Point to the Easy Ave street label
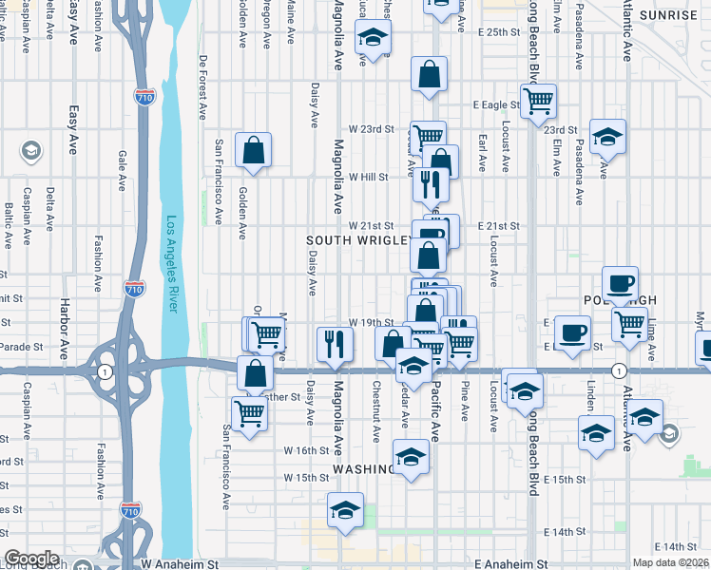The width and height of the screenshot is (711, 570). point(73,130)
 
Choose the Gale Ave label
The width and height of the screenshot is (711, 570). point(122,169)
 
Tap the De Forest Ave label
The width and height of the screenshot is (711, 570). point(202,86)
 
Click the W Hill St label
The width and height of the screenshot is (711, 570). point(369,177)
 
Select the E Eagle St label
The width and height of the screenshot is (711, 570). point(495,105)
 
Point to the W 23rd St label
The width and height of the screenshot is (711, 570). point(371,128)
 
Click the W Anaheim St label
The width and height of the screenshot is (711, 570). point(180,563)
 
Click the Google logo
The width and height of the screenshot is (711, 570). point(31,559)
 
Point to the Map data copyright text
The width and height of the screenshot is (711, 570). point(671,562)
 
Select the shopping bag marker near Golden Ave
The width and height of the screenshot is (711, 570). point(254,150)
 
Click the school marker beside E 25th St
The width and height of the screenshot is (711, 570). point(374,39)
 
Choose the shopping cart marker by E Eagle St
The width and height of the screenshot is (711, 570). point(539,100)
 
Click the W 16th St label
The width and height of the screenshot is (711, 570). point(312,450)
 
